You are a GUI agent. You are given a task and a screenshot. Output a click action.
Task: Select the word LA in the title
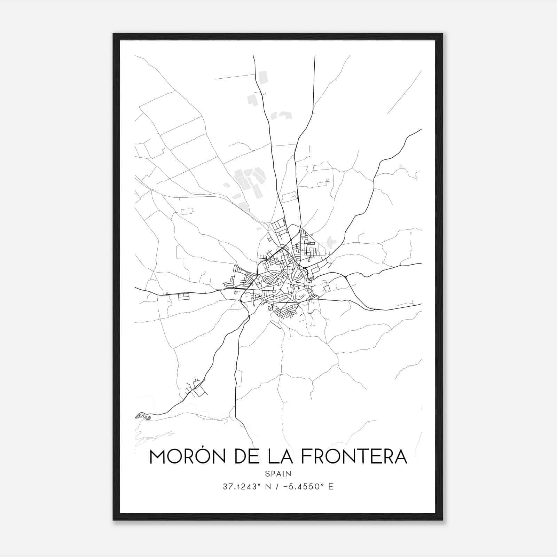[x=285, y=457]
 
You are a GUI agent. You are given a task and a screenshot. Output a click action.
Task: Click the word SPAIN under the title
[x=278, y=473]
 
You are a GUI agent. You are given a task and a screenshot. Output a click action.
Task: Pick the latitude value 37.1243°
[x=242, y=487]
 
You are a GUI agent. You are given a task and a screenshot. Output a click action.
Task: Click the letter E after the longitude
[x=331, y=487]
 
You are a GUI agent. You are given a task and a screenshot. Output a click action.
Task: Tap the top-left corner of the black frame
[x=114, y=34]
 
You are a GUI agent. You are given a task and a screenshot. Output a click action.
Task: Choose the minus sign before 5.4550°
[x=287, y=487]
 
